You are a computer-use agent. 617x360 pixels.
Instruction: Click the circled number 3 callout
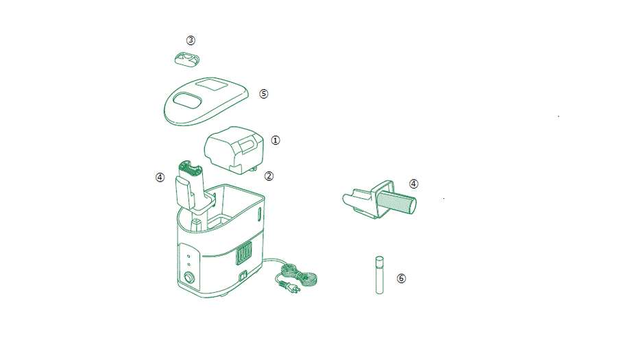(191, 40)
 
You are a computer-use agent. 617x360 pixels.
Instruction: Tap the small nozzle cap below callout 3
(187, 60)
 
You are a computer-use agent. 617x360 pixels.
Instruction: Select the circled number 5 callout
(264, 94)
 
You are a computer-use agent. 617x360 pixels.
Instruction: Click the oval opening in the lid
(187, 100)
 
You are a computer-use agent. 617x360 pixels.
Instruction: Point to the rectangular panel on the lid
(212, 84)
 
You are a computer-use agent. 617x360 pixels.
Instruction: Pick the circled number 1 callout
(276, 140)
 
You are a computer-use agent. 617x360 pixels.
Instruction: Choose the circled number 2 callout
(269, 176)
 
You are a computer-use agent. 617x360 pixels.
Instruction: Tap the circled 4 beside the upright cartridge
(160, 178)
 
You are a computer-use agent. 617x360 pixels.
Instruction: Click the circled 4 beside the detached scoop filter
(413, 184)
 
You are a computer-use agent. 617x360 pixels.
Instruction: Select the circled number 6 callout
(401, 278)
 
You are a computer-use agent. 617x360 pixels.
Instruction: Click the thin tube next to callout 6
(379, 275)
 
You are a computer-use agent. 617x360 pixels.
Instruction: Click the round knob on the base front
(190, 278)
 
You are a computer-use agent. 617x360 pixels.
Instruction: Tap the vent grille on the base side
(244, 252)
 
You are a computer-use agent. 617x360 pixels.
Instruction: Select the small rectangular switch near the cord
(243, 276)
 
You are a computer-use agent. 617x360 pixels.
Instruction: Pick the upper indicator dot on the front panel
(189, 256)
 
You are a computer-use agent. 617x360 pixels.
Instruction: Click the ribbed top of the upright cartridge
(191, 169)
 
